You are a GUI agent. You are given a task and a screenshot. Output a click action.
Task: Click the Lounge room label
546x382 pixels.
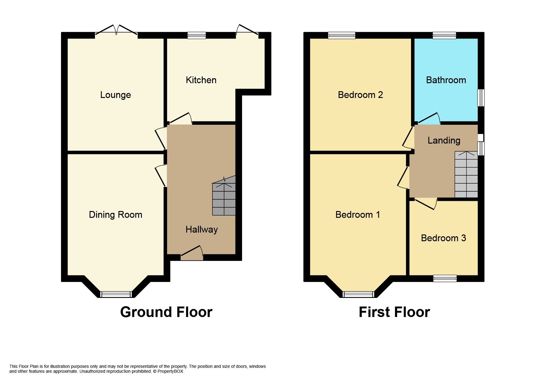point(115,95)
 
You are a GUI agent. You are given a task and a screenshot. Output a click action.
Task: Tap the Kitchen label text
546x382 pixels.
point(201,80)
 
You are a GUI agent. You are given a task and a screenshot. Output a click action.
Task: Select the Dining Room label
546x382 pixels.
point(115,215)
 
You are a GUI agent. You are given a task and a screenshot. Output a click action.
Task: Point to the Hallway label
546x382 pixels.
point(202,230)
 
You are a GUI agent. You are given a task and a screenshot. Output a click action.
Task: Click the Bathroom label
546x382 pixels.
point(446,80)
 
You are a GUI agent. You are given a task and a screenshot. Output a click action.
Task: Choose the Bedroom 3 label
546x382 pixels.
point(443,238)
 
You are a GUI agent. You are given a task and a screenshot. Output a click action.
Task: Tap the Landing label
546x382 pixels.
point(444,140)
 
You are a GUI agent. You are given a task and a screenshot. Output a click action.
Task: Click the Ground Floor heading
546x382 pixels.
point(166,312)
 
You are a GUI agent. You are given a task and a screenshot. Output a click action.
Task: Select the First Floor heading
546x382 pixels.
point(394,312)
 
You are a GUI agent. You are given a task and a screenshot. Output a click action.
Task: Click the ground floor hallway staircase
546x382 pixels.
point(224,197)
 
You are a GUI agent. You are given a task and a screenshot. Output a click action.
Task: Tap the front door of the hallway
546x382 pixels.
point(192,253)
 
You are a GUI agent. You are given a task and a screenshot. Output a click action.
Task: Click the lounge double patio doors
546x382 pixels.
point(116,31)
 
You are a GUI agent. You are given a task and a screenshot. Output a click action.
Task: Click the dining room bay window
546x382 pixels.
point(116,294)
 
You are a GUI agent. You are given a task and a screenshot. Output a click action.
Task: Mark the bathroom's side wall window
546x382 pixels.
point(481,98)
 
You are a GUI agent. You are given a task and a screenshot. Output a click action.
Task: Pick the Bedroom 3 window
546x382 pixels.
point(445,278)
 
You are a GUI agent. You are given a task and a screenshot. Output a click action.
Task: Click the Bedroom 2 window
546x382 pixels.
point(341,35)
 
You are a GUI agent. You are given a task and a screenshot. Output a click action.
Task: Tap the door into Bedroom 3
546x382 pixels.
point(426,203)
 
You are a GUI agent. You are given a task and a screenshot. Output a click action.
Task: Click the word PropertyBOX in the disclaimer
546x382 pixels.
point(170,371)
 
